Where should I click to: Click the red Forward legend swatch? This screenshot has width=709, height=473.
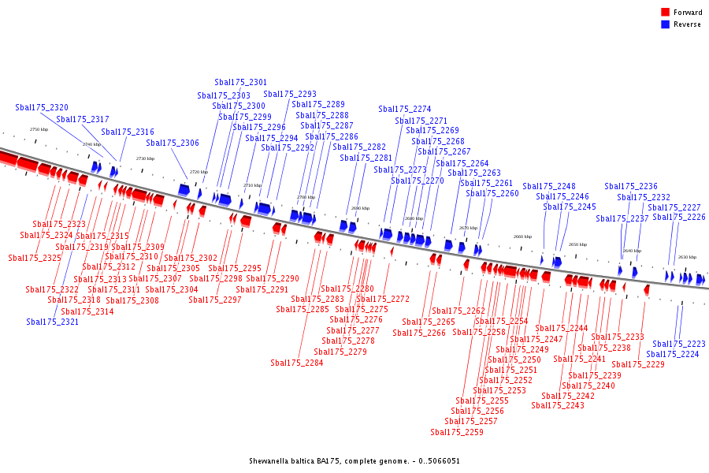click(x=666, y=13)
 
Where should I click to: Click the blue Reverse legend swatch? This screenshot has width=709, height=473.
click(x=666, y=24)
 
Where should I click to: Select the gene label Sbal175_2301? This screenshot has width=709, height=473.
click(x=240, y=82)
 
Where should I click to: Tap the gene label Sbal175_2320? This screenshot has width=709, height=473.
click(x=42, y=107)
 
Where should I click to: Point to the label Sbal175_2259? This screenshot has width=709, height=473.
click(x=457, y=432)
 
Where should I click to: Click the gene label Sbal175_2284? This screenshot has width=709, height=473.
click(x=297, y=363)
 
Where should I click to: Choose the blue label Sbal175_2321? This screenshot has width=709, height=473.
click(x=53, y=322)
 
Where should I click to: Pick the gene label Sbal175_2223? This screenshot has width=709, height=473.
click(x=679, y=344)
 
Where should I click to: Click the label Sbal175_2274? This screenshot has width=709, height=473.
click(x=405, y=109)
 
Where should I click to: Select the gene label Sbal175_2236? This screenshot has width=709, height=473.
click(x=631, y=186)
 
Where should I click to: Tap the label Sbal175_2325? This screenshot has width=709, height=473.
click(x=35, y=258)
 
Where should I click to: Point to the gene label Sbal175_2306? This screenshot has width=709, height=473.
click(x=173, y=143)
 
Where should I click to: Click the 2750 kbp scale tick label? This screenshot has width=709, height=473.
click(x=39, y=129)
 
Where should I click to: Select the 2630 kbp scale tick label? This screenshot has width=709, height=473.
click(x=687, y=257)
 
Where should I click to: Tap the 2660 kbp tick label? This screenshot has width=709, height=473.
click(x=522, y=236)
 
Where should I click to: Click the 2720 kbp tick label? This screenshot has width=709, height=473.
click(x=199, y=172)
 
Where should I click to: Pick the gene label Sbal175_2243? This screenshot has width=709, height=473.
click(x=558, y=405)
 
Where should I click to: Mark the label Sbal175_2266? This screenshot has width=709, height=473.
click(x=419, y=333)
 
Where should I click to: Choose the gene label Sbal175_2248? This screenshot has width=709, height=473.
click(x=549, y=186)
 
